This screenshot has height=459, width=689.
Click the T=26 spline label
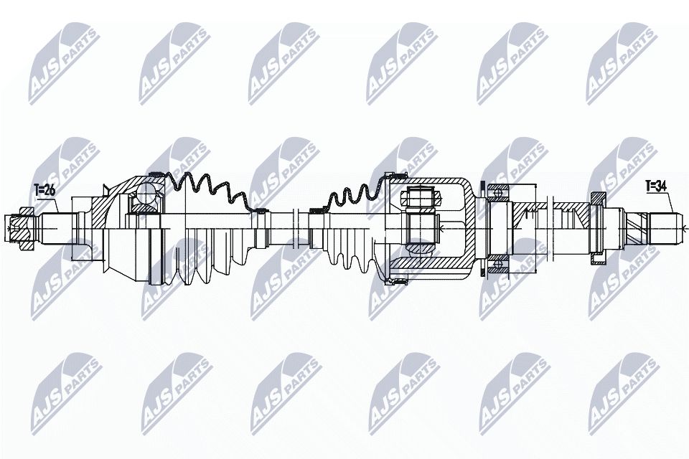(44, 190)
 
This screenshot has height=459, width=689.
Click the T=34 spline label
(656, 186)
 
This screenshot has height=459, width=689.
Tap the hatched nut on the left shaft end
(24, 228)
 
